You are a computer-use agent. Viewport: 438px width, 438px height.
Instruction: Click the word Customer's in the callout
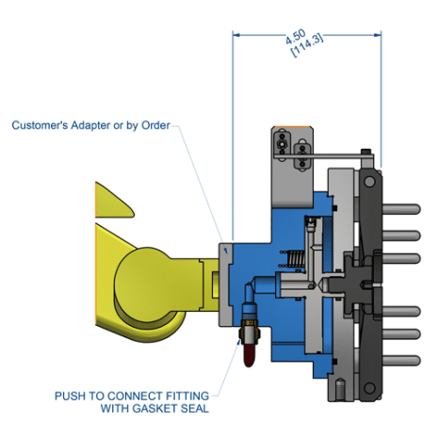pos(42,125)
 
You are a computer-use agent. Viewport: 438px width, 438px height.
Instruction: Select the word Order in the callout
pos(154,125)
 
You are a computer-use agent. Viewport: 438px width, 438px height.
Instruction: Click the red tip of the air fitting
pos(247,355)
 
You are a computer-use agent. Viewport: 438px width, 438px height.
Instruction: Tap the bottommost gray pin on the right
pos(401,359)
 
